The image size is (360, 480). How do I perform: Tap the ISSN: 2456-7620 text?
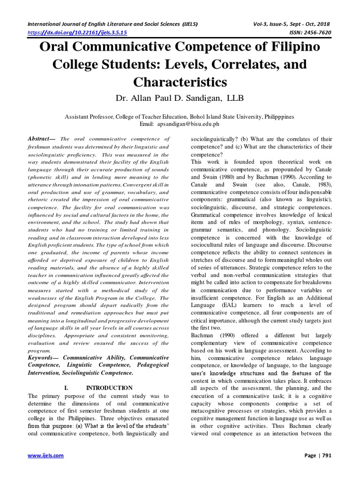point(304,32)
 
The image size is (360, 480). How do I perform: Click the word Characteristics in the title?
point(180,82)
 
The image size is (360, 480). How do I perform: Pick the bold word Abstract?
point(41,139)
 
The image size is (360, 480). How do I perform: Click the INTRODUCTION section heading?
point(109,388)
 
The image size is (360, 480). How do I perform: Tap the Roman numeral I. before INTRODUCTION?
point(66,388)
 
